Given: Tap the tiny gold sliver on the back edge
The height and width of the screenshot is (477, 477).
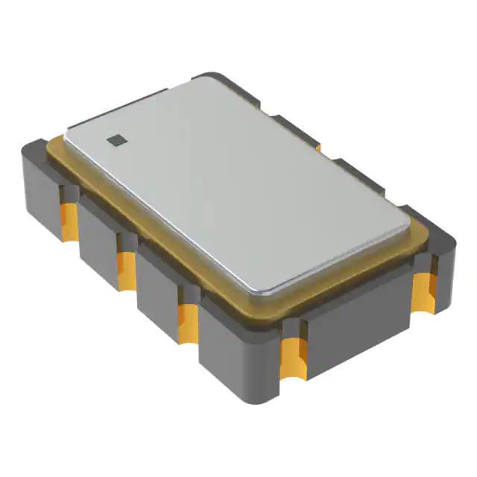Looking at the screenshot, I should click(x=318, y=148).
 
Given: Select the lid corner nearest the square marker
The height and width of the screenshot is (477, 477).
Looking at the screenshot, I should click(x=71, y=134).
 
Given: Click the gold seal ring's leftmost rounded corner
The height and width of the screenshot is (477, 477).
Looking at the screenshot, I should click(x=51, y=149).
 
